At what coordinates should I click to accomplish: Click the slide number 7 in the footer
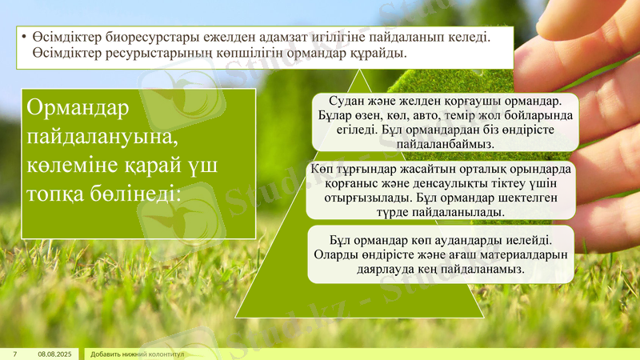[14, 354]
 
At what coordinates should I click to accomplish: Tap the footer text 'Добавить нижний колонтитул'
[138, 354]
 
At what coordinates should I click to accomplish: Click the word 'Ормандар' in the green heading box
[78, 108]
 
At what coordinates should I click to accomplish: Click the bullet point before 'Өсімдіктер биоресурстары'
[25, 38]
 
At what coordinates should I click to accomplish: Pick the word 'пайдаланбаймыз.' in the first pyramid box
[445, 143]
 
